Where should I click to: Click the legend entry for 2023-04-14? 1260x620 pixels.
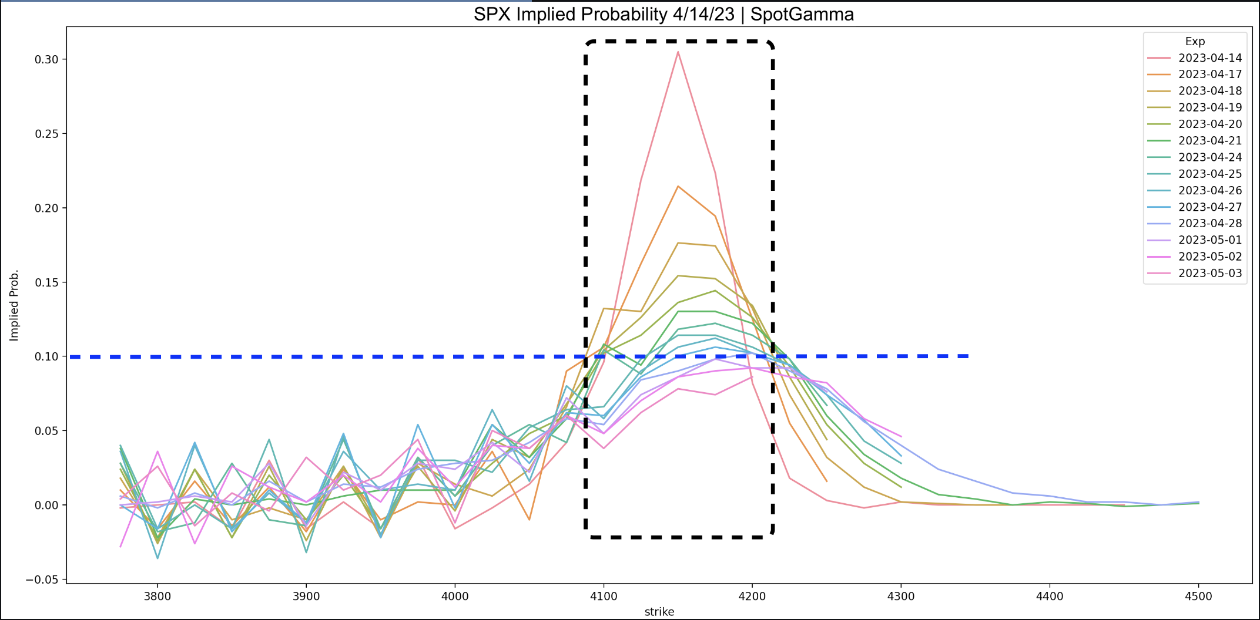[1209, 58]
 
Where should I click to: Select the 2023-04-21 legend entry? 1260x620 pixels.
[1209, 141]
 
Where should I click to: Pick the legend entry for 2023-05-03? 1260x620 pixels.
[1209, 274]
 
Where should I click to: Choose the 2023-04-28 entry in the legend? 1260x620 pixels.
[1209, 224]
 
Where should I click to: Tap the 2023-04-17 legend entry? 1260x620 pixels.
[1209, 75]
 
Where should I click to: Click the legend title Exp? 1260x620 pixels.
[1195, 42]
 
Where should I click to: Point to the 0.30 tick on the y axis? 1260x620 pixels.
[46, 60]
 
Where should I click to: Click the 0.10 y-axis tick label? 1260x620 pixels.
[46, 357]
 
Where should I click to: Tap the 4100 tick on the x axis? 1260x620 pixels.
[604, 597]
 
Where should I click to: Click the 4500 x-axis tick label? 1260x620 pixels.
[1198, 597]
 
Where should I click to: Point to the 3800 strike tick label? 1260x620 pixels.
[157, 597]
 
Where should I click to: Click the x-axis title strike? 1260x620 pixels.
[659, 612]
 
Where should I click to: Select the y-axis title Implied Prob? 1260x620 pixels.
[14, 305]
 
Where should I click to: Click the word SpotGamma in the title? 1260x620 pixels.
[802, 14]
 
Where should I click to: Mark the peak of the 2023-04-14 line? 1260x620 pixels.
[678, 52]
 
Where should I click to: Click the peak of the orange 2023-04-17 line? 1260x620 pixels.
[678, 186]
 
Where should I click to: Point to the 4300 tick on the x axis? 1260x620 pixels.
[901, 597]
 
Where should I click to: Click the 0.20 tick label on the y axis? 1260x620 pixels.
[46, 208]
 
